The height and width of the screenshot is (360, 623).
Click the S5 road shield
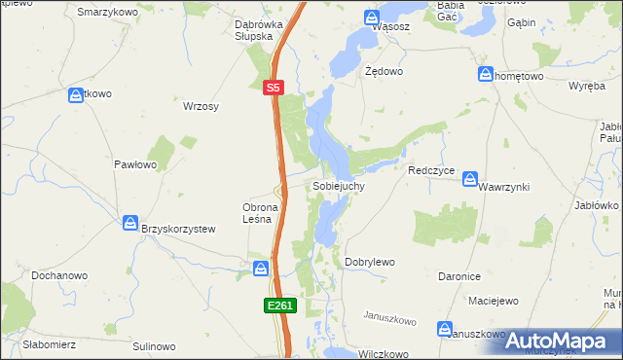(274, 88)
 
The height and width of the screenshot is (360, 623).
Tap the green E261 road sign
(279, 306)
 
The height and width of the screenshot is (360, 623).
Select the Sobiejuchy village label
(338, 185)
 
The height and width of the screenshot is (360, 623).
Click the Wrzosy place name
(201, 107)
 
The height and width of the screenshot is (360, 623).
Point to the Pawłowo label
(135, 164)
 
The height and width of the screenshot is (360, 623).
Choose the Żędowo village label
(384, 72)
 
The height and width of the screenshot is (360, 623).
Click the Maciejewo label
(493, 301)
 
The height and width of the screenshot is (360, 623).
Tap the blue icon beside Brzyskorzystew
(129, 224)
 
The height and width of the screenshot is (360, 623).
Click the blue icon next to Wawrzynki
(470, 179)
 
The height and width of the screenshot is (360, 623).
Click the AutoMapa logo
(554, 340)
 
